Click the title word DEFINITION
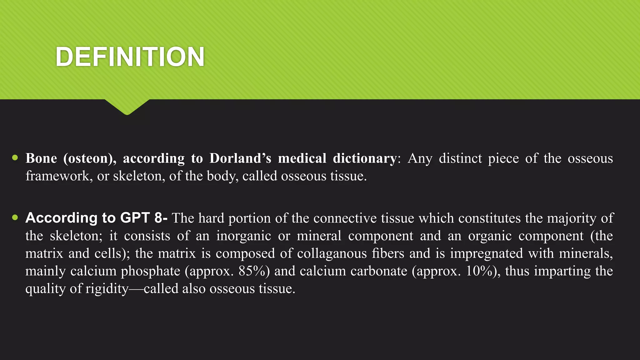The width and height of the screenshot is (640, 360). click(130, 57)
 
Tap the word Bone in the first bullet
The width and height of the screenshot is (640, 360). click(41, 158)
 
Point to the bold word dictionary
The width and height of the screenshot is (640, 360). click(365, 158)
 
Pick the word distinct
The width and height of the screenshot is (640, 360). click(460, 158)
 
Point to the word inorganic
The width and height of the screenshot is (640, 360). click(243, 236)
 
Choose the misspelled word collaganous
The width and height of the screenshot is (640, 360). click(332, 253)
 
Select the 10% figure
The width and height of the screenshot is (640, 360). click(483, 271)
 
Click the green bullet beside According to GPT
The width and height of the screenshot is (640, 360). click(15, 217)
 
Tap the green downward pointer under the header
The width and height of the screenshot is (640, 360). click(127, 107)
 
